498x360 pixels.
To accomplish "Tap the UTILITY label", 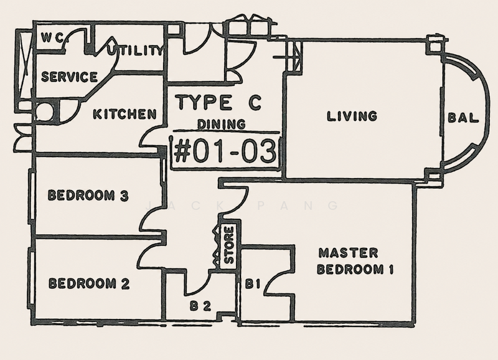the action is [x=136, y=50].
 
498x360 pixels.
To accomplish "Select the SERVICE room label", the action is [x=69, y=77].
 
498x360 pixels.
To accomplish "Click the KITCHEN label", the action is [x=125, y=114].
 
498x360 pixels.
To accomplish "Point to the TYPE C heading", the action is [x=220, y=102].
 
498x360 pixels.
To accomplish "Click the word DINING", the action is [x=222, y=124].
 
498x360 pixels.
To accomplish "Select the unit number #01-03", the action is [x=225, y=151].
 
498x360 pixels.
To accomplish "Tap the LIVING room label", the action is [x=352, y=116].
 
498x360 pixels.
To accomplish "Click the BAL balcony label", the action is [x=463, y=118].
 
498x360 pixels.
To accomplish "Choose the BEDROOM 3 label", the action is [x=88, y=196].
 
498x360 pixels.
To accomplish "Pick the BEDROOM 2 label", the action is [x=89, y=283].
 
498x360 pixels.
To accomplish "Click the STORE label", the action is [x=229, y=245].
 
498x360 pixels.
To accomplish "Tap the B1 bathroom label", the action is [x=253, y=284].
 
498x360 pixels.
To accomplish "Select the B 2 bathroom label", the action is [x=200, y=306].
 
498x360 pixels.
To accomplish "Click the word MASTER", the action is [x=349, y=253].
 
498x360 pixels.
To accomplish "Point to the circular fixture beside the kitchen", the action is [x=45, y=112].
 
